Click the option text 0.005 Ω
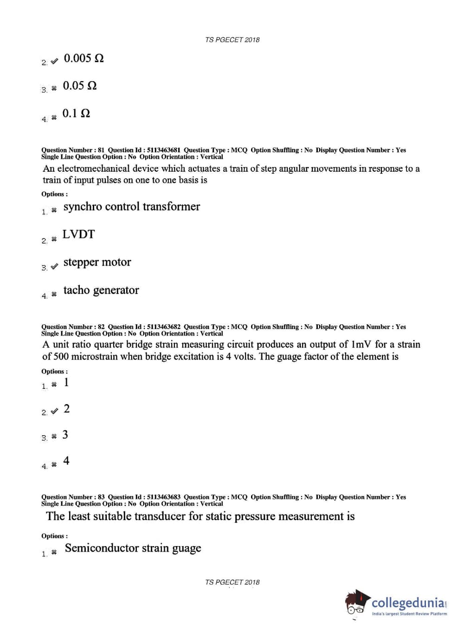click(84, 58)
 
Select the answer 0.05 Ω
click(80, 86)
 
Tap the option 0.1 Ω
click(76, 113)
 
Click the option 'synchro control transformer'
click(131, 207)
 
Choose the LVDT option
click(78, 234)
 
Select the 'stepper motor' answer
click(97, 262)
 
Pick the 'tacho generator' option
click(101, 290)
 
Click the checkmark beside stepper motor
click(54, 266)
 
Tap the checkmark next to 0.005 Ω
click(54, 61)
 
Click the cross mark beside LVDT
click(54, 239)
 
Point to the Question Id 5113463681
click(163, 150)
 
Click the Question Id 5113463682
click(163, 327)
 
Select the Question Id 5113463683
click(163, 497)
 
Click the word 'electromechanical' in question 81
click(94, 169)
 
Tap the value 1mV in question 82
click(361, 345)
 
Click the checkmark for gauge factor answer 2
click(54, 411)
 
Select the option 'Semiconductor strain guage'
click(133, 548)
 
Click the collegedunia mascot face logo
click(356, 604)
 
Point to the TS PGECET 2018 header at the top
click(232, 40)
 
